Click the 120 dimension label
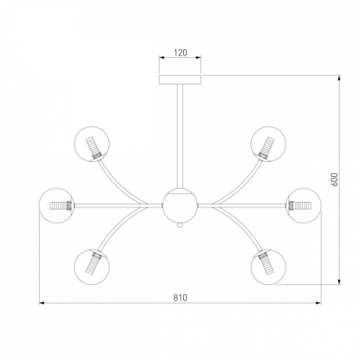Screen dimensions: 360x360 (181, 52)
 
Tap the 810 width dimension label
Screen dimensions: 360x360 (180, 297)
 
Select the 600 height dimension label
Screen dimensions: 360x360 (334, 179)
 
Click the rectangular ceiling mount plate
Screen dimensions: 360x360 (180, 80)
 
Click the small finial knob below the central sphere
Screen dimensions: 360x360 (180, 225)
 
